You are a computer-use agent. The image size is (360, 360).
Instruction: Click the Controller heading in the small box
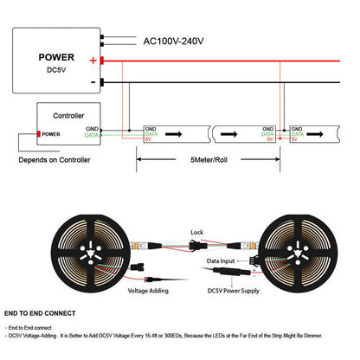tap(69, 113)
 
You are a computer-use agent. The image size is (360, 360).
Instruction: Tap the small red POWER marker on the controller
tap(49, 134)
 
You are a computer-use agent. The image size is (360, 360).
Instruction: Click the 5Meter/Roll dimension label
tap(209, 161)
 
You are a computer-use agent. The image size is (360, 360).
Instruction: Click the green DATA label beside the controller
tap(92, 136)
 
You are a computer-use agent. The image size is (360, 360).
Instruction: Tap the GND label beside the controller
tap(92, 129)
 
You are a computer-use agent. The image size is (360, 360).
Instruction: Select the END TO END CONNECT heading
tap(40, 313)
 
